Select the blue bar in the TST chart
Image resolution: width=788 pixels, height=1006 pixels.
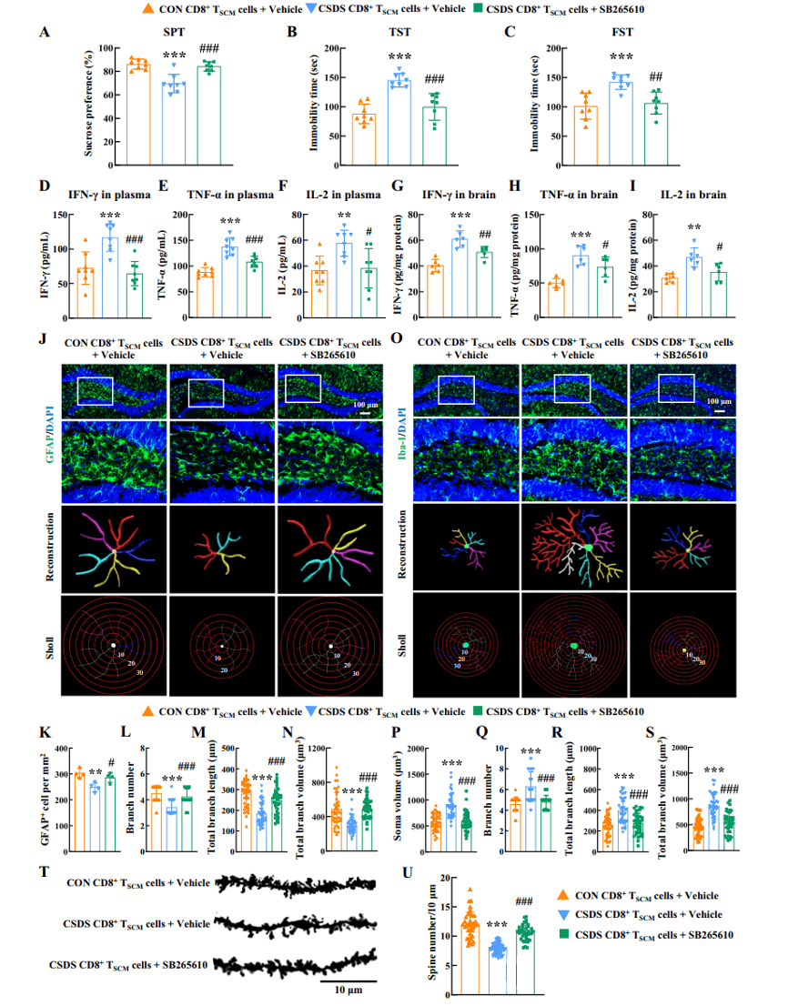[x=399, y=123]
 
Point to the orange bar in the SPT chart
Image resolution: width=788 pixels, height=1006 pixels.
[x=138, y=116]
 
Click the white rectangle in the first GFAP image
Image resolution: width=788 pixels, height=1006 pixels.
[x=95, y=391]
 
